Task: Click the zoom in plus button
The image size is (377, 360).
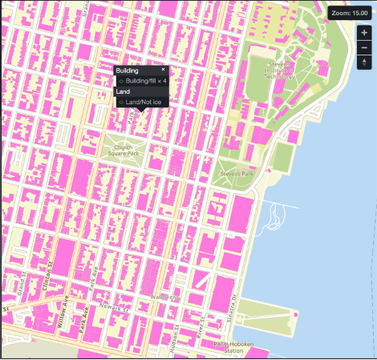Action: tap(364, 33)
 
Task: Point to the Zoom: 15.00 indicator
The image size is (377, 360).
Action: tap(350, 13)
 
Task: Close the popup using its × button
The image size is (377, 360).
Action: tap(163, 70)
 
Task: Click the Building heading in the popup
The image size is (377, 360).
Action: tap(128, 71)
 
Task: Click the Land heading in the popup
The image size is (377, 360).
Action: tap(123, 91)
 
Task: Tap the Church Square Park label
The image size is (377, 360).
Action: tap(123, 151)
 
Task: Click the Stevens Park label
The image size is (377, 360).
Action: tap(236, 172)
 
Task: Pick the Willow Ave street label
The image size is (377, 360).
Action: tap(62, 312)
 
